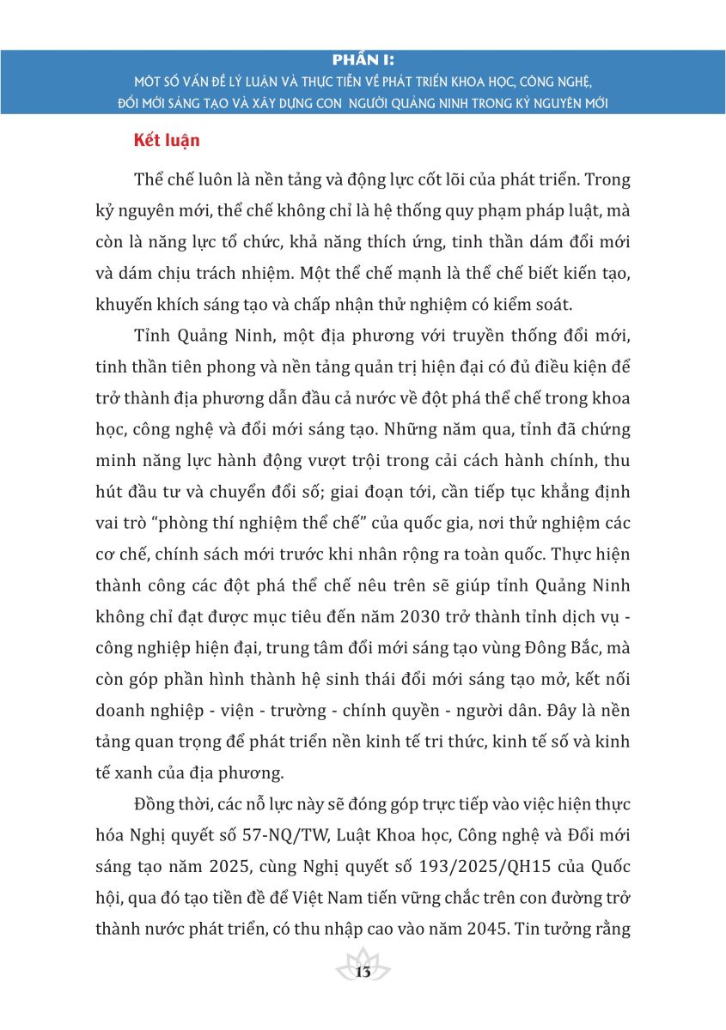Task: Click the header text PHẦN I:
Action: (363, 60)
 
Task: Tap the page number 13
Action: (363, 972)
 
